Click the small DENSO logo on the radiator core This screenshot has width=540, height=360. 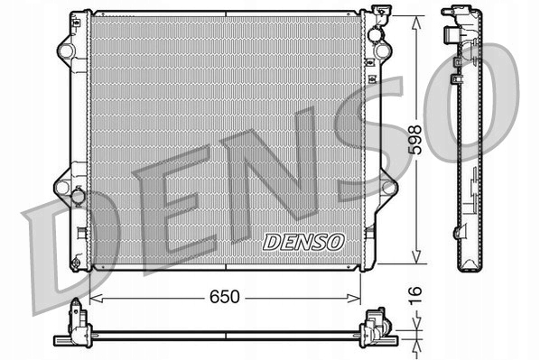[x=303, y=241]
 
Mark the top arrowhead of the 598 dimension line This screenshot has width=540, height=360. [x=415, y=18]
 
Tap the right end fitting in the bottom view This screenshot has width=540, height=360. [x=375, y=326]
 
